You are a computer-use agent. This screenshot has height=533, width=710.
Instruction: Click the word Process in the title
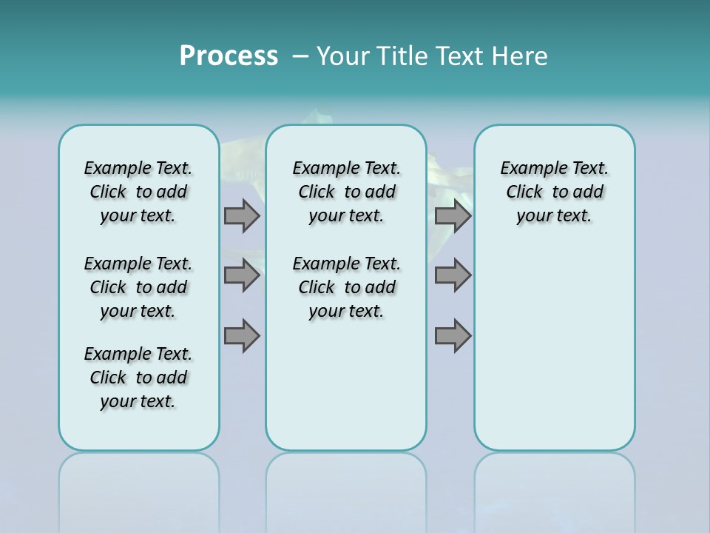tap(229, 56)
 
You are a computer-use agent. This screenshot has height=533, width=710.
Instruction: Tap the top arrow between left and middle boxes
tap(242, 215)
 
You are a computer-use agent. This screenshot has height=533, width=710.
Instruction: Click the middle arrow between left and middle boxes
tap(242, 275)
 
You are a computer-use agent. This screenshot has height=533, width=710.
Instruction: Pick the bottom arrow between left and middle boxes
tap(242, 336)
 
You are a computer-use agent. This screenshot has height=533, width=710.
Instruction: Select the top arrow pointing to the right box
tap(453, 215)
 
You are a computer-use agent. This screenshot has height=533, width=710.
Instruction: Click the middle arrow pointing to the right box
tap(453, 275)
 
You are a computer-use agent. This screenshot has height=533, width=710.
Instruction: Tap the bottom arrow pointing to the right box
tap(453, 336)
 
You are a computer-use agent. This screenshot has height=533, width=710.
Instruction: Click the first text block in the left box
tap(138, 192)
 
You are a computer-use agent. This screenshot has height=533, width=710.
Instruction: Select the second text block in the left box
tap(138, 287)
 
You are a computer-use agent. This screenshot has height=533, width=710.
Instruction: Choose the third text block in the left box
tap(138, 378)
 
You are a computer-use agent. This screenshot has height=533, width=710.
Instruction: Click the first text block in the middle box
tap(346, 192)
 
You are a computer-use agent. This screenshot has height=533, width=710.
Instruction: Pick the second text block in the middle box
tap(346, 287)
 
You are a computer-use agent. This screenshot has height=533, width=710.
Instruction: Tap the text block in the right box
tap(554, 192)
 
